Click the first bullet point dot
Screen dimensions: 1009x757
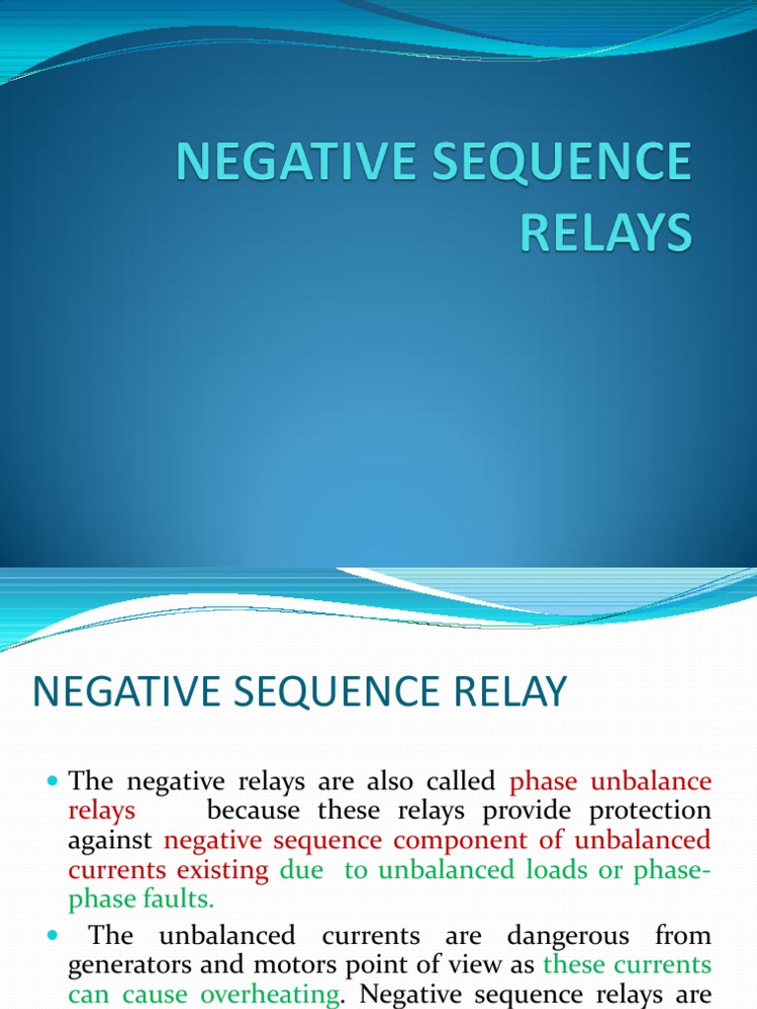point(53,781)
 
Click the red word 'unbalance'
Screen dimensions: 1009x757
point(651,781)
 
